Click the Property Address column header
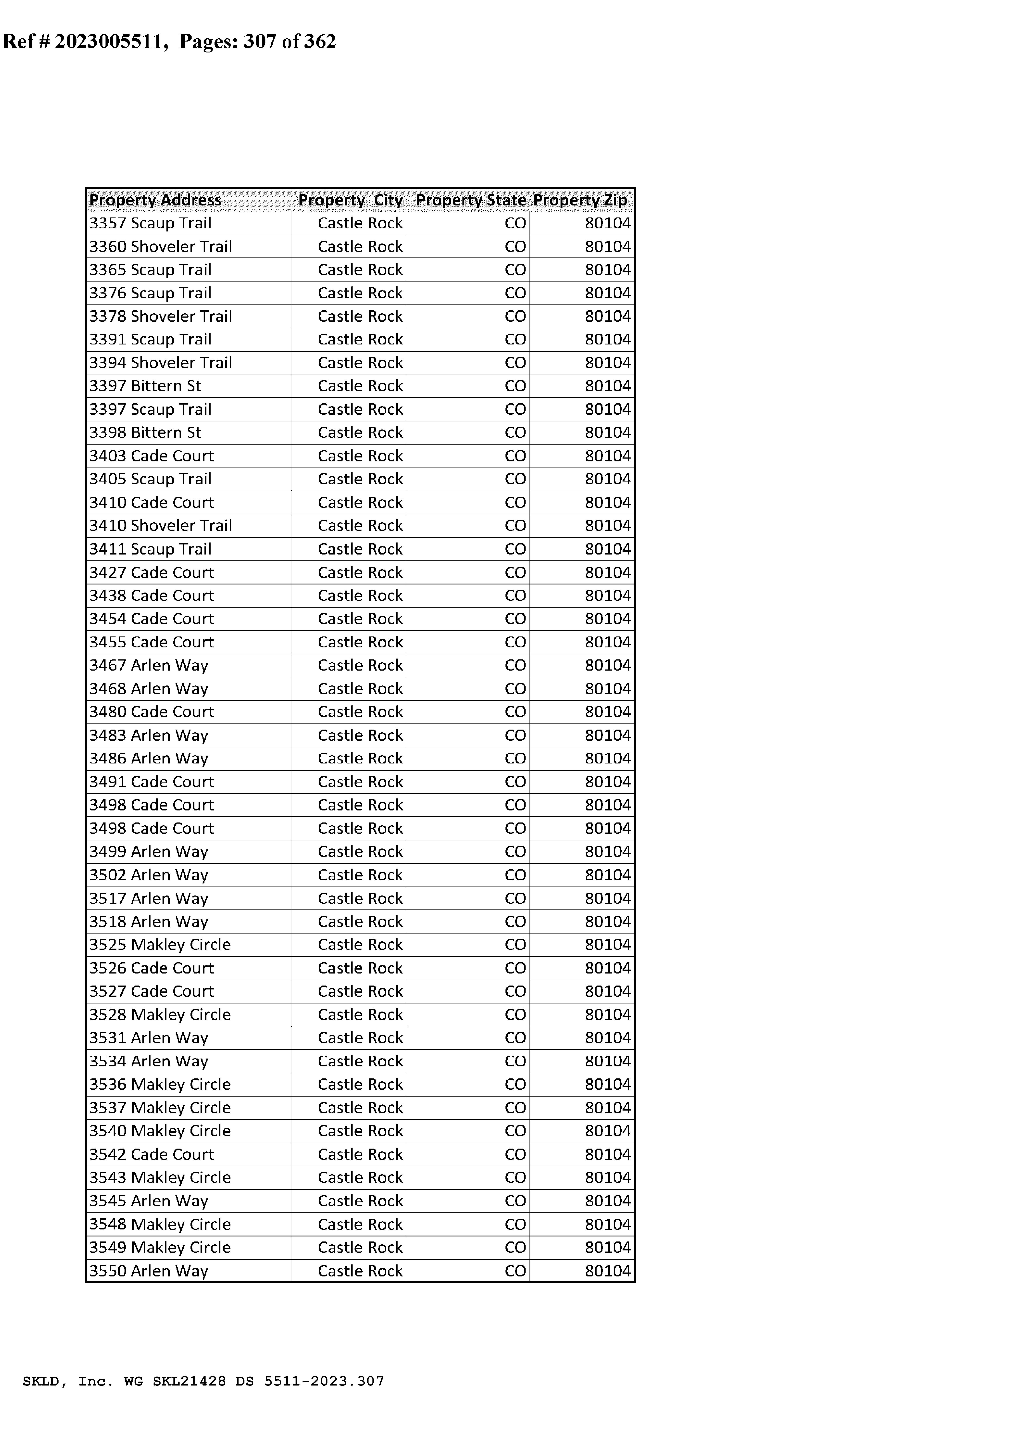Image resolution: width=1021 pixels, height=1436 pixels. [x=155, y=200]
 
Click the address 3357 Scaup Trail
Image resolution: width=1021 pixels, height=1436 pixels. [x=150, y=223]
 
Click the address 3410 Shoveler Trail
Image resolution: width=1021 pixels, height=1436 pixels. [x=160, y=526]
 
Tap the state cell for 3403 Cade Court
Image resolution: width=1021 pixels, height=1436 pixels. [x=515, y=456]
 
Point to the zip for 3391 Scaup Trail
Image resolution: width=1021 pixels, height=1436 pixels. [x=607, y=340]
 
